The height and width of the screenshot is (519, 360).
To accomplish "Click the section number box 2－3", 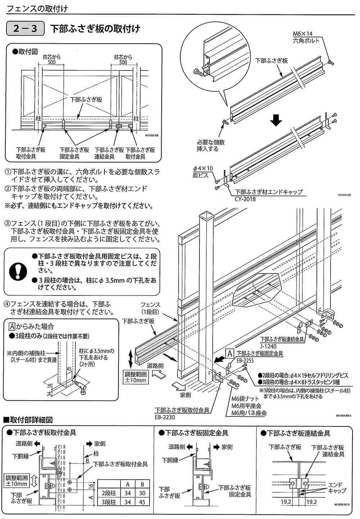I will coord(25,29).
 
